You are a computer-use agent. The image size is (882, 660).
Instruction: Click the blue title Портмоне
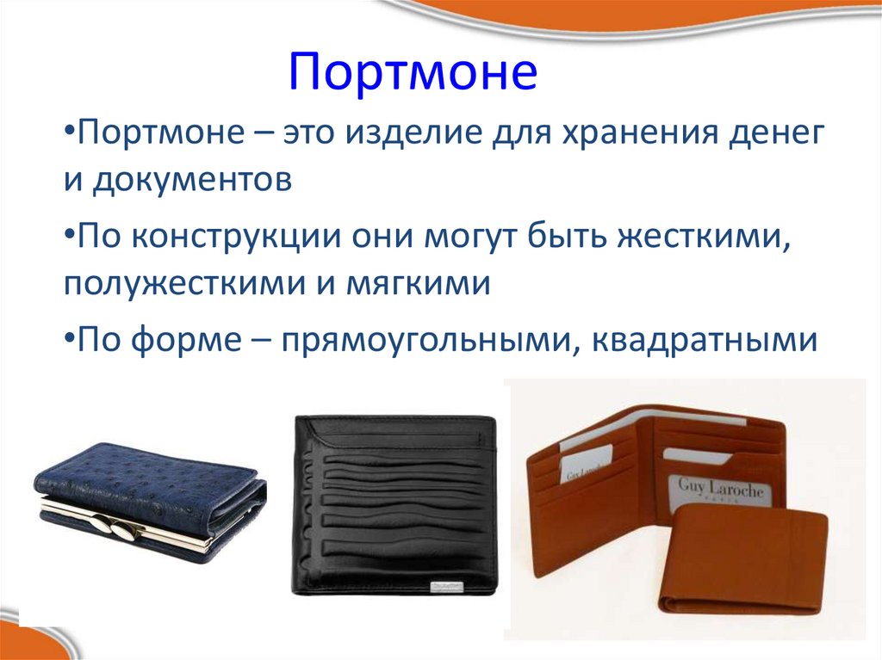[413, 73]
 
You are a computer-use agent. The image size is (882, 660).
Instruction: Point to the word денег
[771, 136]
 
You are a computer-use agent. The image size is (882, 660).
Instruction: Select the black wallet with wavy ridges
[394, 503]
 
